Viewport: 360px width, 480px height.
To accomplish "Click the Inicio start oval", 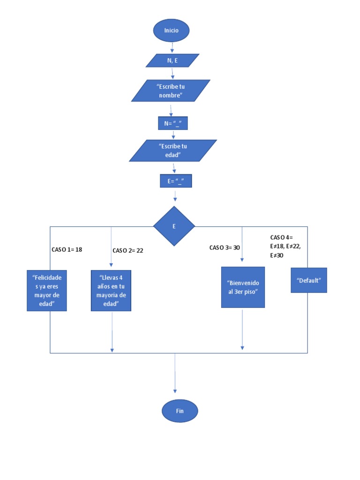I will (x=171, y=30).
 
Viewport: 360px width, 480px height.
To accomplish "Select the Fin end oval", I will (x=180, y=411).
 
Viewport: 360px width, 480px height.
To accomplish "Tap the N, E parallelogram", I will (x=172, y=60).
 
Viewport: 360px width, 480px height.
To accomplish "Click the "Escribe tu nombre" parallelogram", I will (x=171, y=90).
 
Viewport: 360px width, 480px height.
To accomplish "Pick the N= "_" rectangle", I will (x=173, y=123).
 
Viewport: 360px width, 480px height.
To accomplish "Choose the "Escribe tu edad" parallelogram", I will (x=173, y=150).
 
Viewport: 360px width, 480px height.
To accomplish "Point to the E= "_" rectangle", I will (x=176, y=181).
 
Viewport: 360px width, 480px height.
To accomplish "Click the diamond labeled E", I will (x=174, y=226).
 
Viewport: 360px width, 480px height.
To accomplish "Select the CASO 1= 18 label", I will (x=67, y=249).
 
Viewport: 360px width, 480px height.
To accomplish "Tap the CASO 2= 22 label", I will (x=127, y=250).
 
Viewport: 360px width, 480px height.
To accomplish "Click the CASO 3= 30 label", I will (x=225, y=247).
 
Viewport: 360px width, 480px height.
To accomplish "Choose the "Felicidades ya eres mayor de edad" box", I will (x=47, y=290).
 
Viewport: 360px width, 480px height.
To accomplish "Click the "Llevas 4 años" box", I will (x=111, y=291).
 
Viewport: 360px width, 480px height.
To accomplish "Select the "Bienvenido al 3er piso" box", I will (x=243, y=287).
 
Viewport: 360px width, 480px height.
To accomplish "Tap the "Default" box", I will (x=308, y=280).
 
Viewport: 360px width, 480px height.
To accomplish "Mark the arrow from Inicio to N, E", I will (x=172, y=47).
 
